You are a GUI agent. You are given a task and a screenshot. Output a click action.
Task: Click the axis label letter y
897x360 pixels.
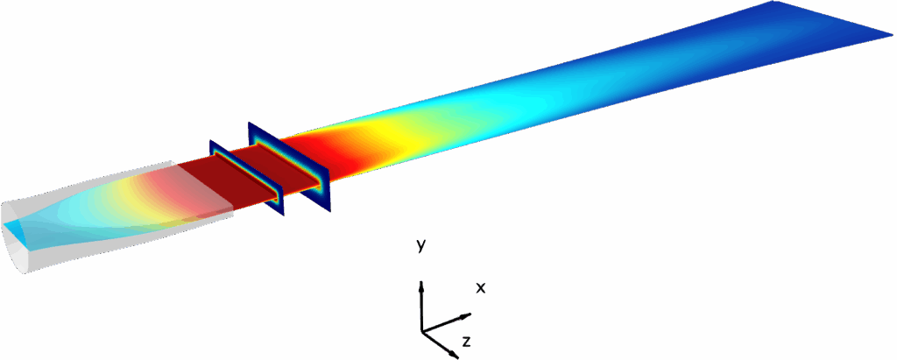[421, 246]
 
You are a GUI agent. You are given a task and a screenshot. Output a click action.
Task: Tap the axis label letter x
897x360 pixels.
[481, 288]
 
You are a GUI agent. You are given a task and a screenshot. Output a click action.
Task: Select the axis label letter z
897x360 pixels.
[466, 342]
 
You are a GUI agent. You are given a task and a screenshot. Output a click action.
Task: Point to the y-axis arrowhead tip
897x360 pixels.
[421, 280]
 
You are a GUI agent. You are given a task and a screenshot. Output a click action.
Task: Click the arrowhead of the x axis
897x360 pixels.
[466, 314]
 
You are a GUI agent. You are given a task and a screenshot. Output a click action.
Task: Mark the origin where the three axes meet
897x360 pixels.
[421, 331]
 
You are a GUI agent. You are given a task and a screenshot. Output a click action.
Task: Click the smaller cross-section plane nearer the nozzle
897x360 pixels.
[247, 178]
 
